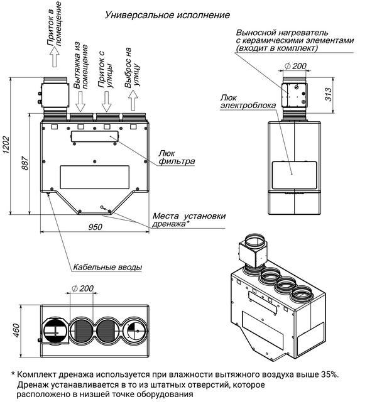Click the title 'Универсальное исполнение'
pos(167,15)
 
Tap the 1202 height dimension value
pos(6,145)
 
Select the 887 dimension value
pos(25,163)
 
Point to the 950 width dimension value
pos(95,227)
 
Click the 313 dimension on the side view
pos(328,94)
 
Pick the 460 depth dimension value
pos(16,330)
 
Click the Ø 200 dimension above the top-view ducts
pos(82,288)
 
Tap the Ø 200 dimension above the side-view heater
pos(295,66)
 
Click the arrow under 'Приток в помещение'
pos(55,57)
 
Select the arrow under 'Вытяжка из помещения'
pos(80,101)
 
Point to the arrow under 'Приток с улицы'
pos(106,101)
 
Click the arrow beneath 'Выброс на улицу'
pos(133,101)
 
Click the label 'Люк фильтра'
pos(177,158)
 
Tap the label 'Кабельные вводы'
pos(107,267)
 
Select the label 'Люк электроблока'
pos(248,102)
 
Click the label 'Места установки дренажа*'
pos(189,220)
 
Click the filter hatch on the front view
pos(94,136)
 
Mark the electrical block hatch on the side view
pos(294,175)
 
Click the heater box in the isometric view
pos(252,254)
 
